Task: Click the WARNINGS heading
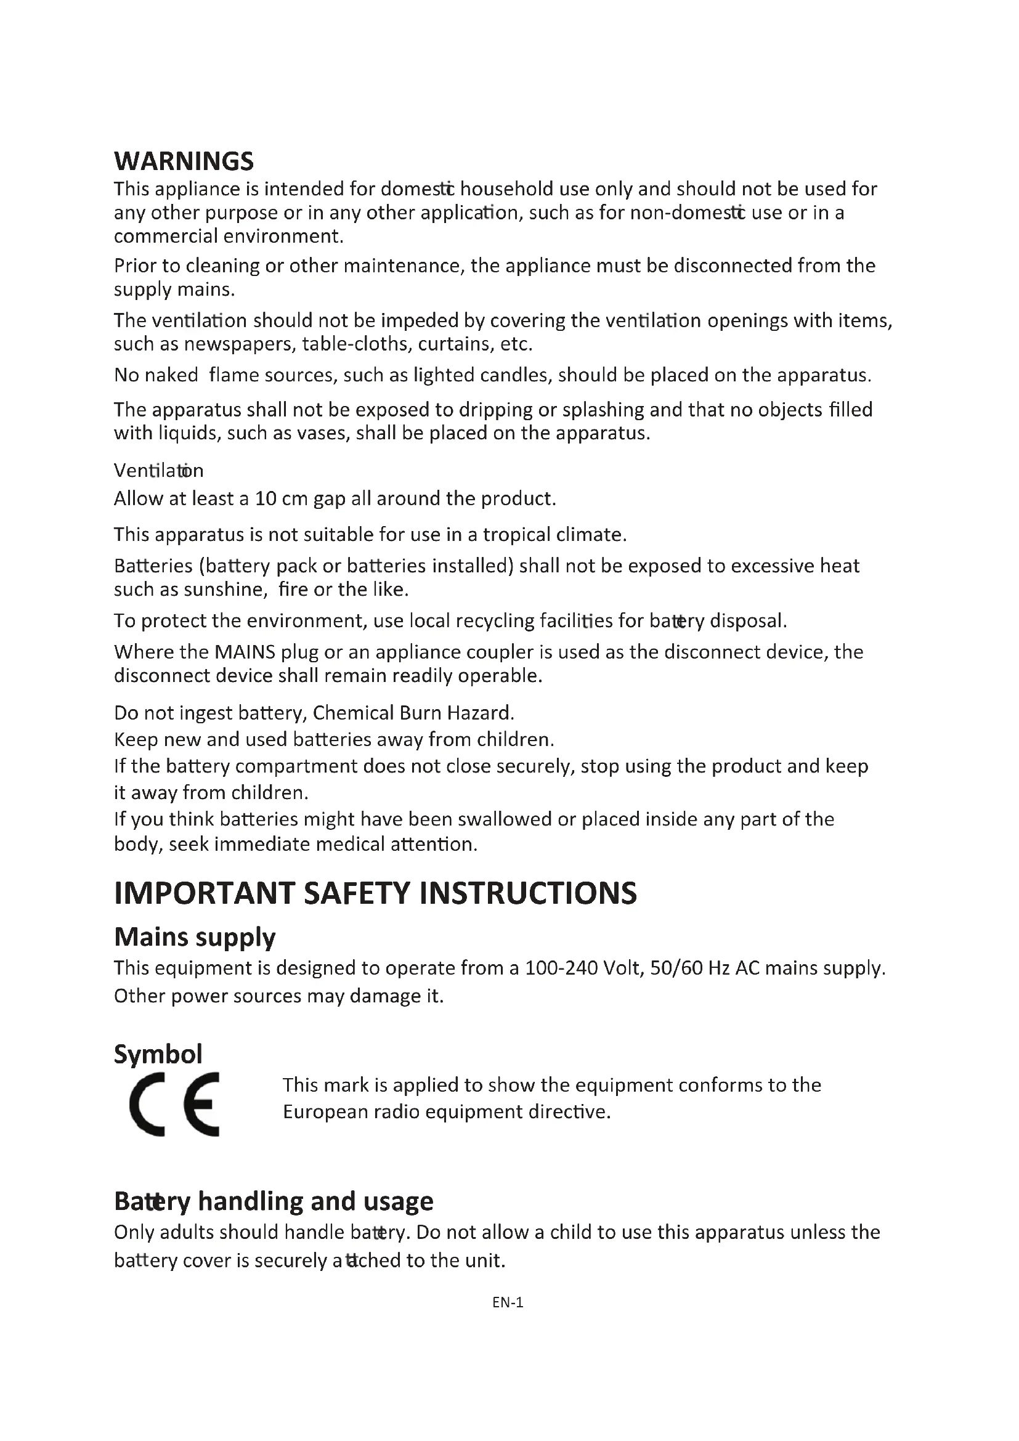(x=183, y=161)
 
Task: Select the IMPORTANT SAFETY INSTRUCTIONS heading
(x=375, y=893)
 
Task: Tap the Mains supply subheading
(x=195, y=938)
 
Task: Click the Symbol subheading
(x=158, y=1054)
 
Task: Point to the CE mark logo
(x=174, y=1105)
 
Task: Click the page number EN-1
(x=508, y=1302)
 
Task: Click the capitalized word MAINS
(x=245, y=652)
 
